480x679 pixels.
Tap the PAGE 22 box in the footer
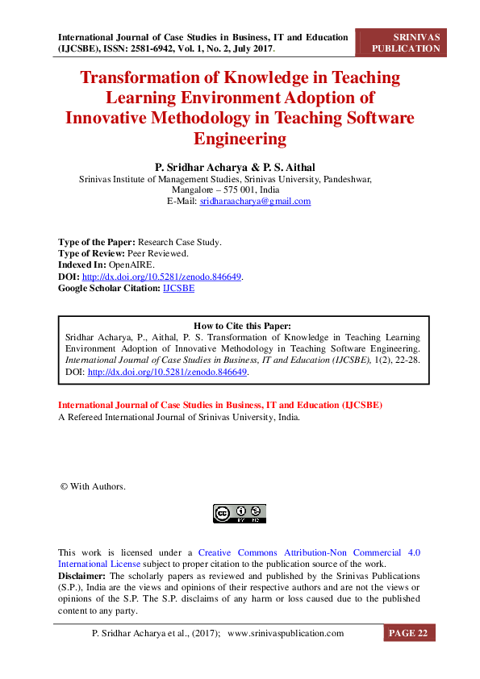408,633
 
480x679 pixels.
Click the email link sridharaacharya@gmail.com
255,202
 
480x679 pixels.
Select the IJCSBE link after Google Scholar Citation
178,287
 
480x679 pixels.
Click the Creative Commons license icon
239,513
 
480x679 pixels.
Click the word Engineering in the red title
240,139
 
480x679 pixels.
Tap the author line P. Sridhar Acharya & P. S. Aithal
239,166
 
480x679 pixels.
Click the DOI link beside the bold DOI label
162,276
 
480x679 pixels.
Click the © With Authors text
93,486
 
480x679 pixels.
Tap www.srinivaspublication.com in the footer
286,633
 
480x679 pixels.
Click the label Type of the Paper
96,242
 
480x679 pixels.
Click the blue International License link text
99,564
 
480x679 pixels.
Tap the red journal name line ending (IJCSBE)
220,404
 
